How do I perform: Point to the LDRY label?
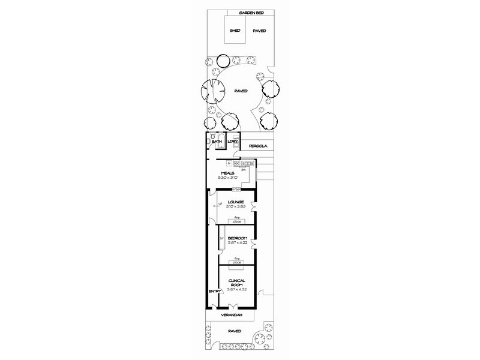click(233, 142)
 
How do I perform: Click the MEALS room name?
click(227, 173)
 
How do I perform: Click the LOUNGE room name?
click(235, 202)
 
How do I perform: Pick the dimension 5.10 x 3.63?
click(235, 207)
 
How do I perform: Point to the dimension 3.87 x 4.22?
click(237, 243)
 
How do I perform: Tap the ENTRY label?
click(214, 292)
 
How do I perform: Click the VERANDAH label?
click(230, 315)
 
